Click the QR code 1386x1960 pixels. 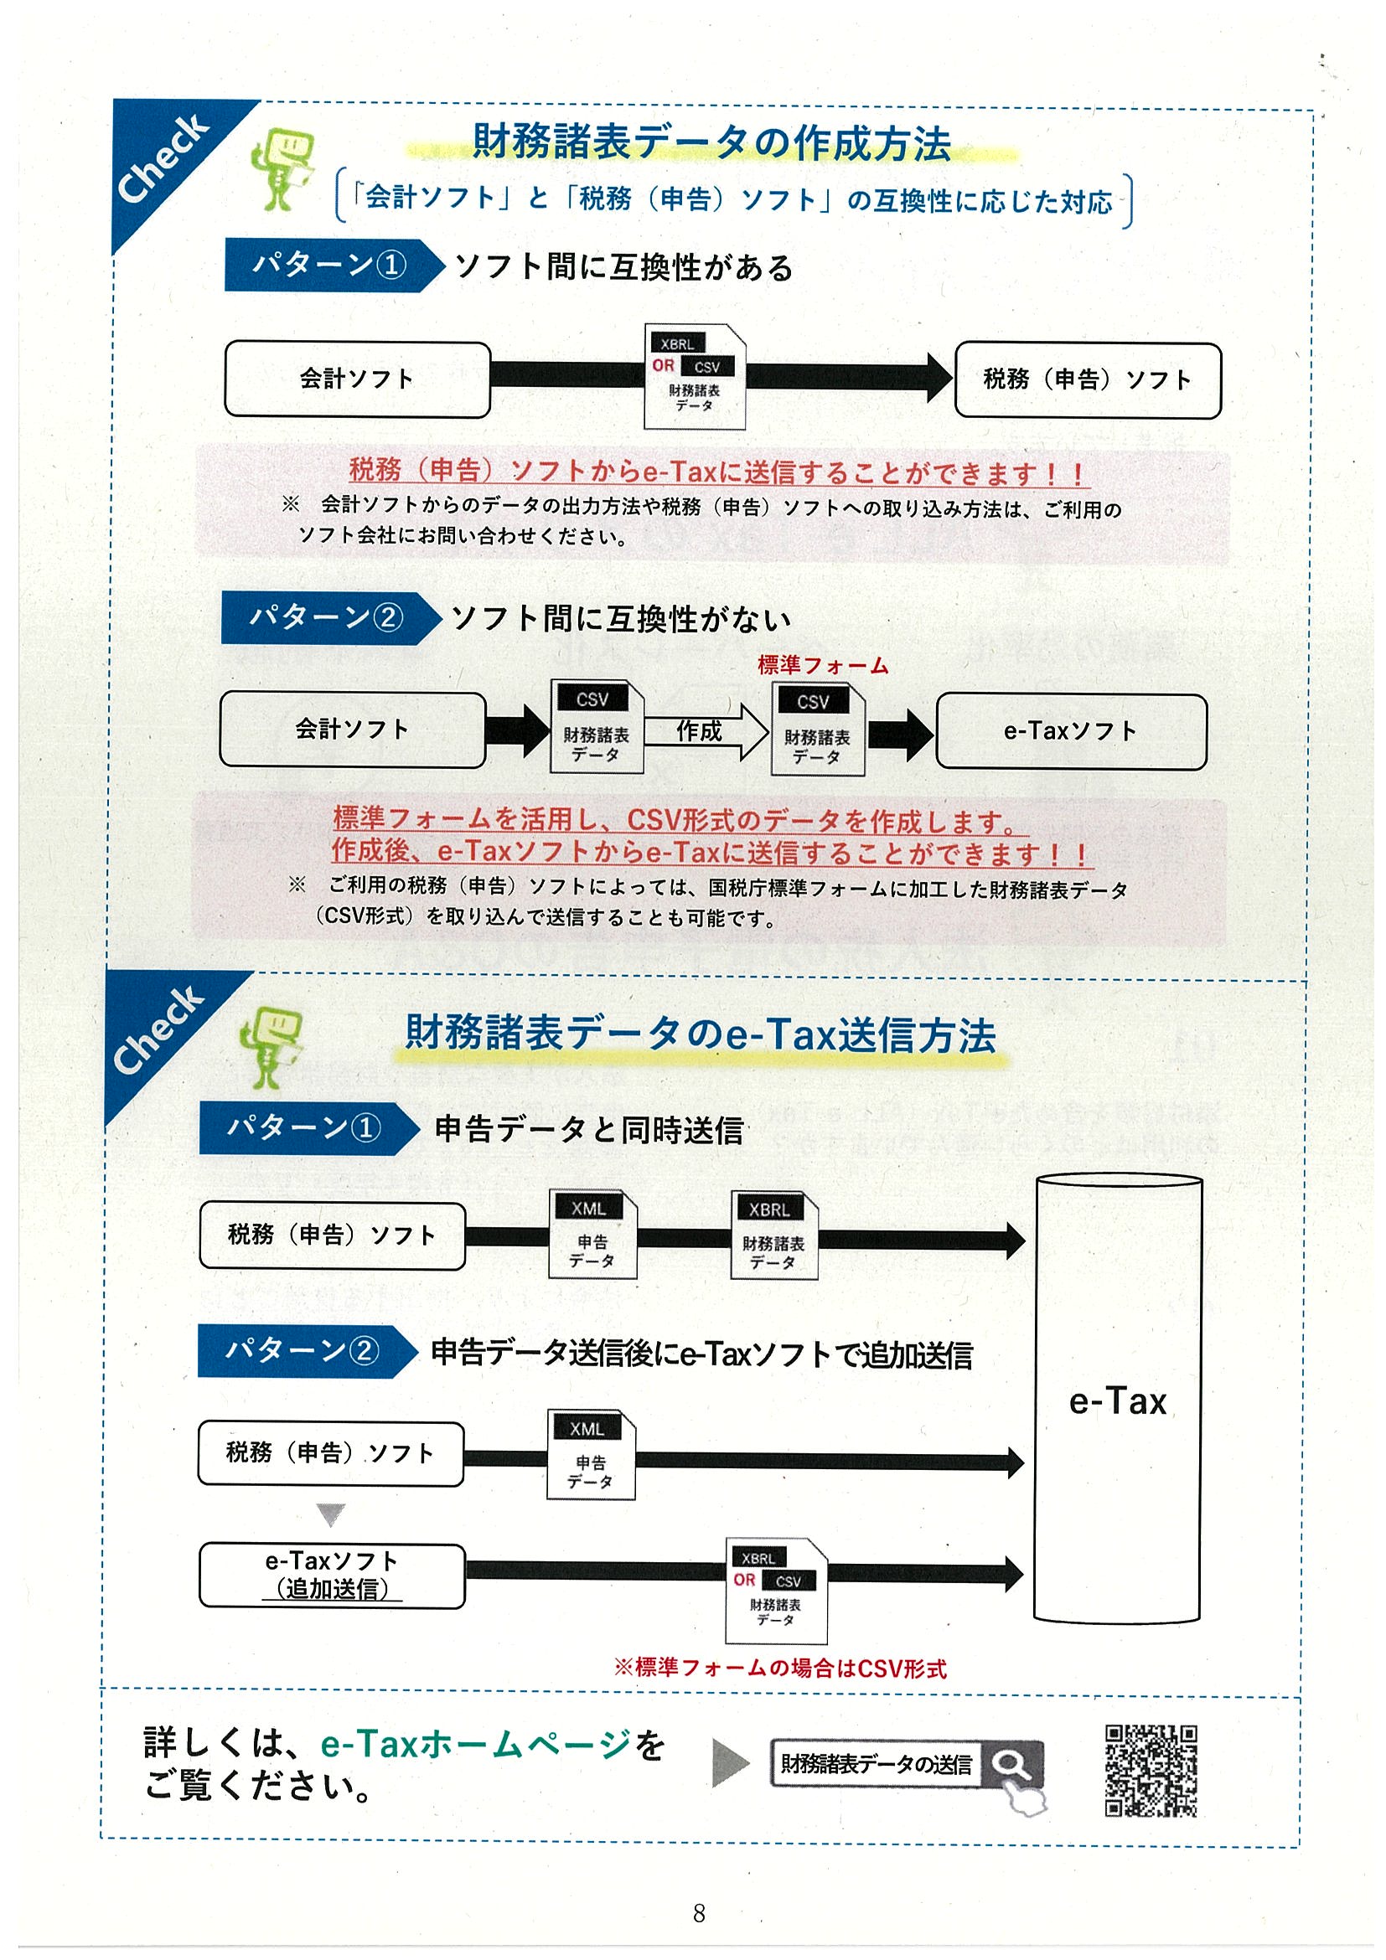(1151, 1771)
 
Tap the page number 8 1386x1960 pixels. (699, 1913)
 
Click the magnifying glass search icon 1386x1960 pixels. (1012, 1764)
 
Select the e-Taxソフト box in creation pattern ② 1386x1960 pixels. (1071, 730)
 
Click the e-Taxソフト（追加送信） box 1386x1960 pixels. (332, 1575)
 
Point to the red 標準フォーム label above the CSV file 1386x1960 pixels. (822, 665)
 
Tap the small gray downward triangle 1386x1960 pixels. (330, 1514)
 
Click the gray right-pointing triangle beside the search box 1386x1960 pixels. (730, 1764)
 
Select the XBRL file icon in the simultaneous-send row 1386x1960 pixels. (773, 1235)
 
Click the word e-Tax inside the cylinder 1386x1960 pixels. (1117, 1401)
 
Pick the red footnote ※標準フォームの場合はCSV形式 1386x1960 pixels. (779, 1668)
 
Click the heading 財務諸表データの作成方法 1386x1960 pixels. (711, 142)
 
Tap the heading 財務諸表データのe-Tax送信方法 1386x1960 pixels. (701, 1034)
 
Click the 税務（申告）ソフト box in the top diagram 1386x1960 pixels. (1087, 380)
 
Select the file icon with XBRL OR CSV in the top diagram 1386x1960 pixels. (695, 376)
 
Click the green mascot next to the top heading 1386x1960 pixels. (282, 168)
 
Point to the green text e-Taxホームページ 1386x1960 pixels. (477, 1743)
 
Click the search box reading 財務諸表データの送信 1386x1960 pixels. (877, 1764)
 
